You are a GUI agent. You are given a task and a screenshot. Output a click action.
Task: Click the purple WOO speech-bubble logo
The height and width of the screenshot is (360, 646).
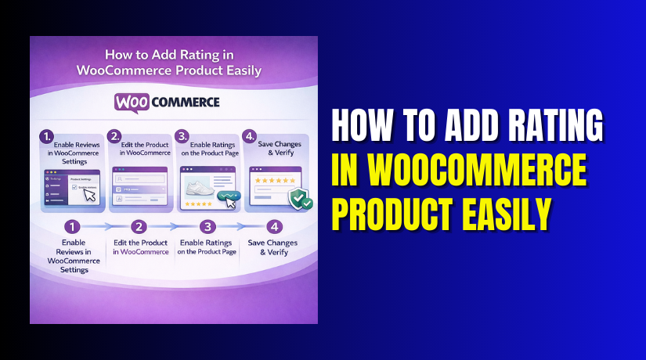tap(132, 103)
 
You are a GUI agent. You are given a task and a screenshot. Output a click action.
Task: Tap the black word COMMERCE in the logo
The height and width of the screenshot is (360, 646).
tap(186, 103)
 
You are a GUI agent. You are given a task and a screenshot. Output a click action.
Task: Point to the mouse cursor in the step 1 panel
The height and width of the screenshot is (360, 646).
tap(90, 195)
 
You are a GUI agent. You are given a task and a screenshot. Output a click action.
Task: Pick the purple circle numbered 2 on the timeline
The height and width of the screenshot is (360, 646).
tap(139, 227)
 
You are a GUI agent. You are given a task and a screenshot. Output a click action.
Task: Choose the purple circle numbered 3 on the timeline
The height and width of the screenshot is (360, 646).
tap(208, 227)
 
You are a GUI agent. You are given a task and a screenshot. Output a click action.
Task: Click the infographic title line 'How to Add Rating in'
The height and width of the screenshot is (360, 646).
tap(173, 56)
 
